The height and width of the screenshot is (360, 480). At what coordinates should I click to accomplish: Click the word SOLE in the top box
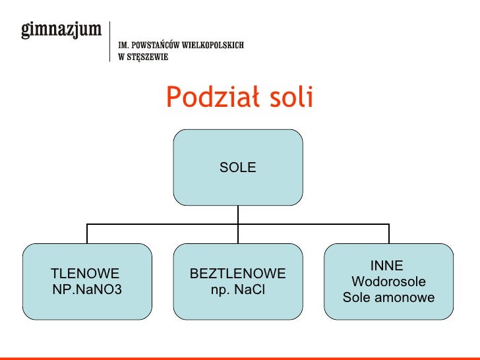pyautogui.click(x=237, y=168)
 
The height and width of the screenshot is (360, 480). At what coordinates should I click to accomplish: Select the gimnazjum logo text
pyautogui.click(x=62, y=30)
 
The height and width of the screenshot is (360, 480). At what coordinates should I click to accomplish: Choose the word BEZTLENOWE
pyautogui.click(x=237, y=274)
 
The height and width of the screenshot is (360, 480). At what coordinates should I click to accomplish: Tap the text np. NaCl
pyautogui.click(x=237, y=289)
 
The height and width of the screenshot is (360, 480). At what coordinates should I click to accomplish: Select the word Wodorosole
pyautogui.click(x=388, y=282)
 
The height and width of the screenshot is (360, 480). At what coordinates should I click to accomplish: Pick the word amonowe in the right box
pyautogui.click(x=405, y=297)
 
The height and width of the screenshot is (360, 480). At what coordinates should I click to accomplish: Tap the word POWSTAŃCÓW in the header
pyautogui.click(x=154, y=45)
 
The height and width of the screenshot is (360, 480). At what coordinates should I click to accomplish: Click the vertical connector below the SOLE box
pyautogui.click(x=238, y=214)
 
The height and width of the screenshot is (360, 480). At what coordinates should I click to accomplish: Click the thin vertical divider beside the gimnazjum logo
pyautogui.click(x=109, y=41)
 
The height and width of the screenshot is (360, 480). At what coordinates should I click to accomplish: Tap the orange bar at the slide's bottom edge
pyautogui.click(x=240, y=358)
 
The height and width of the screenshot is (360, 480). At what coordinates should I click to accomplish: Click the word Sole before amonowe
pyautogui.click(x=358, y=297)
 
